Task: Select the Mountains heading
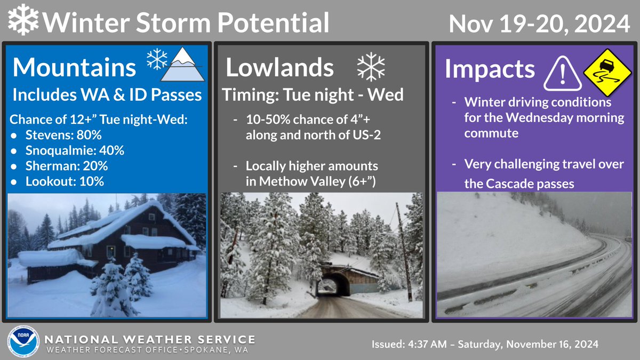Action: (74, 68)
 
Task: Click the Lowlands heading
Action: (279, 68)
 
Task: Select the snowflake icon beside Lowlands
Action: (370, 68)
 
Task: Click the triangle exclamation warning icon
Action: (560, 73)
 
